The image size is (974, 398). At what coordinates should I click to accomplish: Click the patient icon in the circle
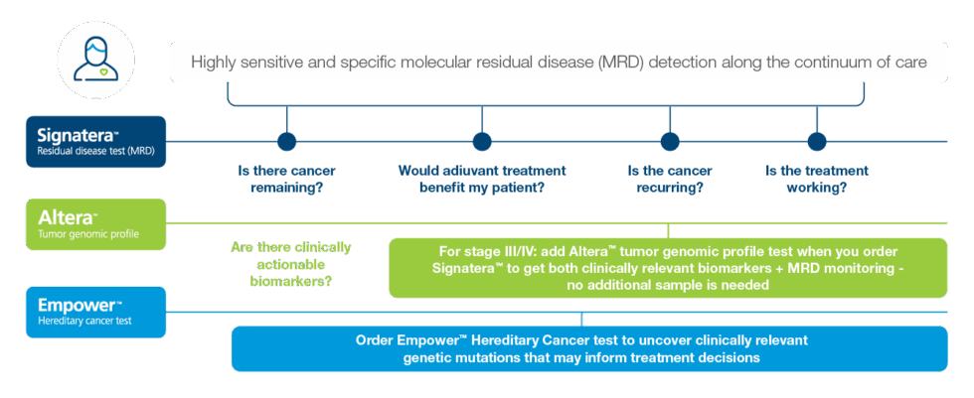[95, 59]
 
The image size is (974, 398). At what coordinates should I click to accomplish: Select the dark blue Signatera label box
[96, 142]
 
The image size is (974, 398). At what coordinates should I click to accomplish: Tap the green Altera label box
[96, 223]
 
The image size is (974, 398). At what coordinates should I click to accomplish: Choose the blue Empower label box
[96, 311]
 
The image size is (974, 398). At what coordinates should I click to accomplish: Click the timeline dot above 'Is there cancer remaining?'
[287, 141]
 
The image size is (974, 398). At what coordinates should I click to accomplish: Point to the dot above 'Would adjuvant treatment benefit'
[482, 141]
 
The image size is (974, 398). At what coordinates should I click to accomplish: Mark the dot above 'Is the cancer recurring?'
[670, 141]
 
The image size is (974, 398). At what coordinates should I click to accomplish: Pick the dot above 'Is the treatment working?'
[816, 141]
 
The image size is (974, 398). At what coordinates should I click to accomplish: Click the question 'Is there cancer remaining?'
[287, 179]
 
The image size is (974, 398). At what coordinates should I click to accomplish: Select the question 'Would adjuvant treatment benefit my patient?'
[482, 179]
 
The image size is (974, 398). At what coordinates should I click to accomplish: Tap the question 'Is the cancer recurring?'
[670, 179]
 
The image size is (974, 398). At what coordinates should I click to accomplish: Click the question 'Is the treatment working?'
[816, 179]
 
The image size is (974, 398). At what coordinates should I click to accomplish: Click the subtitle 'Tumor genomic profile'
[81, 234]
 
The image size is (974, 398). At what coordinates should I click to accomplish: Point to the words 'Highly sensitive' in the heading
[243, 63]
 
